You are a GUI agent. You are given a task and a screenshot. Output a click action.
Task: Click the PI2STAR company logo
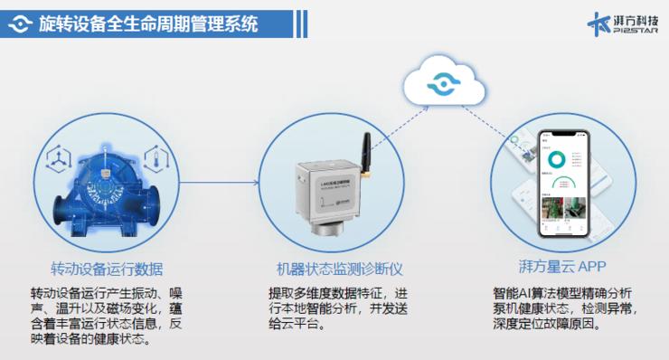pyautogui.click(x=622, y=24)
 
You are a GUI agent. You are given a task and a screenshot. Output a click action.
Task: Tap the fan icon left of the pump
pyautogui.click(x=55, y=158)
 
